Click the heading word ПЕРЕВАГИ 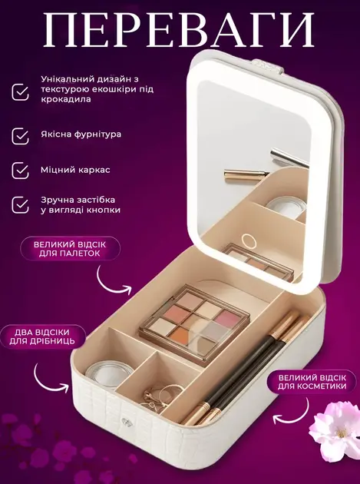179,30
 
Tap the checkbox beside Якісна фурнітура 21,136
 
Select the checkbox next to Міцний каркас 21,171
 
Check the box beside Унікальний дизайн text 21,91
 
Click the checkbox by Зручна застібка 21,204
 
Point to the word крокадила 66,99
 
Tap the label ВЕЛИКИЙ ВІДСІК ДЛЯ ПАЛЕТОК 70,249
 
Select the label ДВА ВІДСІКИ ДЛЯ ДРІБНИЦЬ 42,336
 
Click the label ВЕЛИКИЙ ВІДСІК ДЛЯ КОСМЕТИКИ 312,382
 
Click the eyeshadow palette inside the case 195,323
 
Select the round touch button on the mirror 249,241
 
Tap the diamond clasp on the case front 126,421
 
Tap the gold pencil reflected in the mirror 246,175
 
